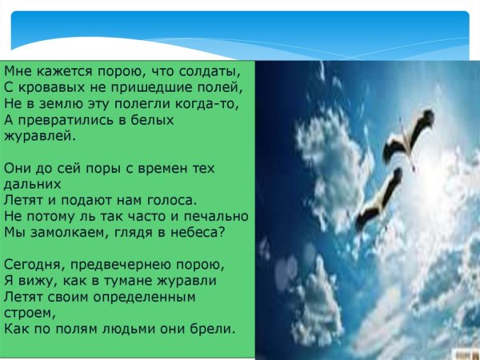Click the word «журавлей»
[x=39, y=136]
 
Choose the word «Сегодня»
[x=33, y=265]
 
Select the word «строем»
[x=27, y=313]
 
